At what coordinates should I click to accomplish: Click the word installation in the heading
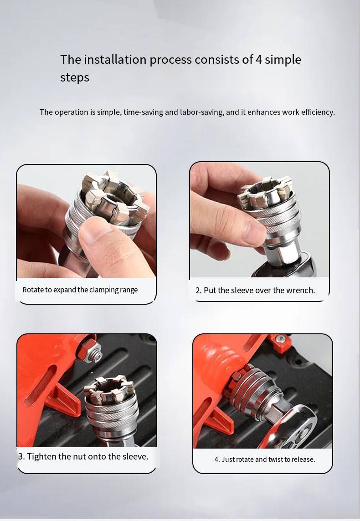(x=115, y=60)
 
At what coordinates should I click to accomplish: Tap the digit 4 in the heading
(x=258, y=60)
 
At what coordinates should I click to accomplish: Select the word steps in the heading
(x=75, y=78)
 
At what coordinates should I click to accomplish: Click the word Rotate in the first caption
(x=33, y=290)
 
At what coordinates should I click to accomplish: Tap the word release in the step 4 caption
(x=303, y=459)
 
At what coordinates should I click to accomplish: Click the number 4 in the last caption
(x=217, y=459)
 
